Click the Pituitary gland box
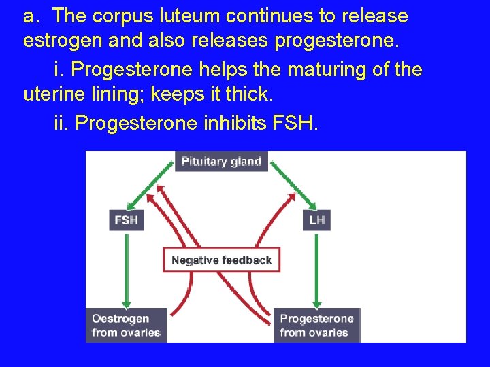pos(221,162)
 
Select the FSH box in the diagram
pos(127,220)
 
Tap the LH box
pos(316,220)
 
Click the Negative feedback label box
pos(221,260)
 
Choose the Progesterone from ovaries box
pos(317,326)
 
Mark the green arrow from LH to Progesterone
pos(316,268)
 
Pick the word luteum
pos(191,16)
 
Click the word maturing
pos(289,69)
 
